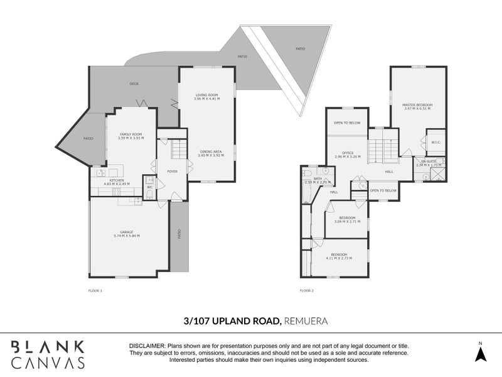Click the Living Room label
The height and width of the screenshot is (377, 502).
[206, 95]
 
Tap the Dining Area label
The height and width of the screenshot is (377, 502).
[210, 151]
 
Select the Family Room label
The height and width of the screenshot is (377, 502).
[131, 134]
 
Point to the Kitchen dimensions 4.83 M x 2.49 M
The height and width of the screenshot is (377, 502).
[117, 184]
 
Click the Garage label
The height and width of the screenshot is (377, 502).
[126, 232]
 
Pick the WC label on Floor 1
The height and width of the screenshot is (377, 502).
[149, 187]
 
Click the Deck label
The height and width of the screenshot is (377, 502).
[134, 84]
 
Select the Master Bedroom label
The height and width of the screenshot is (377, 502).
[417, 105]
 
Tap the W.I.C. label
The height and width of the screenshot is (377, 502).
[435, 142]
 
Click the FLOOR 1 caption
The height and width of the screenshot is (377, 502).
[95, 290]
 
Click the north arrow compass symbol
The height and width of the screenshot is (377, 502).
[480, 354]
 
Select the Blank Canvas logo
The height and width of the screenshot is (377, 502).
[48, 354]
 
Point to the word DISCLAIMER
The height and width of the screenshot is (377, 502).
[146, 346]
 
